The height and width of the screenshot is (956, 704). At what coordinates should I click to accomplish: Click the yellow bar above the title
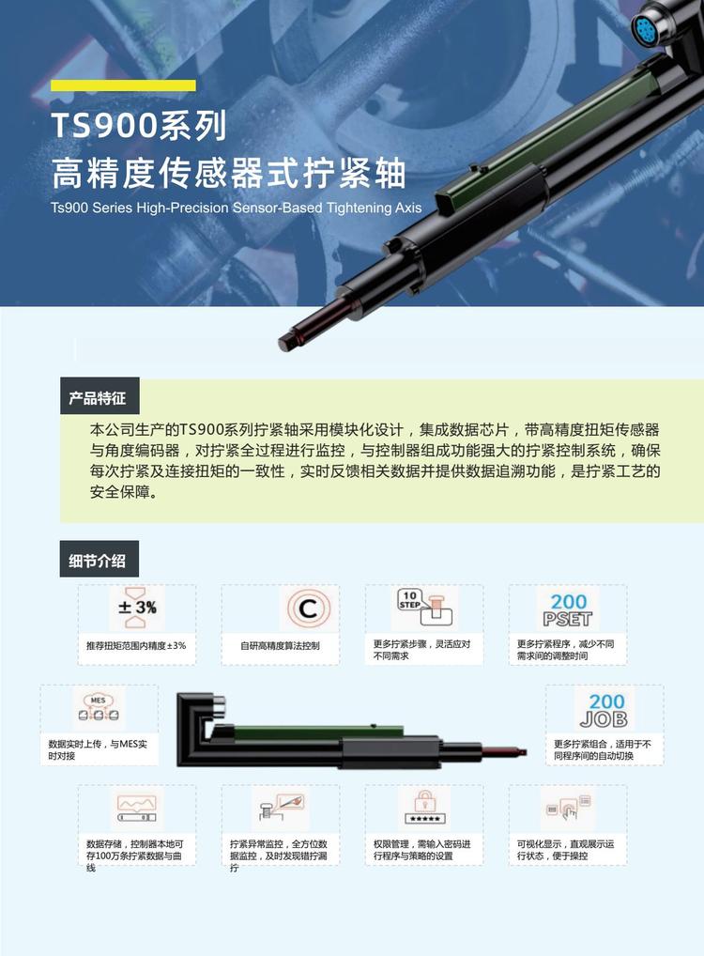tap(123, 85)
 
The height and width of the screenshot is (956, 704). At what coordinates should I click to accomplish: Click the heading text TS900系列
tap(139, 126)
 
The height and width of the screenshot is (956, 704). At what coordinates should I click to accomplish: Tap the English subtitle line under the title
tap(236, 208)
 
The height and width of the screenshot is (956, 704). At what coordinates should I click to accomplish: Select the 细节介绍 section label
tap(99, 559)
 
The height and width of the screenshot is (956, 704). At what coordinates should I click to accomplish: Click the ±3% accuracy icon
tap(136, 608)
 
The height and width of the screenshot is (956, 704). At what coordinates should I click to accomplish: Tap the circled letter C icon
tap(308, 608)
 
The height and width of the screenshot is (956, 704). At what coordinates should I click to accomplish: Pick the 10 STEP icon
tap(424, 608)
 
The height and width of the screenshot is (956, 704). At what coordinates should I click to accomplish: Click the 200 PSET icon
tap(568, 609)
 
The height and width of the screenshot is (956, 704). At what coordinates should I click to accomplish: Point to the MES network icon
tap(99, 707)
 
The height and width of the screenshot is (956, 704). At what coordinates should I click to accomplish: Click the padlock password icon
tap(425, 808)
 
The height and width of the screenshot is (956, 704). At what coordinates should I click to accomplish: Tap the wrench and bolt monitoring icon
tap(281, 807)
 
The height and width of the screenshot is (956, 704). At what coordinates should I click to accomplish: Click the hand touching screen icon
tap(568, 808)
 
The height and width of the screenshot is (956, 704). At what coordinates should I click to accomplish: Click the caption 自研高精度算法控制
tap(280, 646)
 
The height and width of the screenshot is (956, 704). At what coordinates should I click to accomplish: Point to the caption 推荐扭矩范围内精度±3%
tap(136, 646)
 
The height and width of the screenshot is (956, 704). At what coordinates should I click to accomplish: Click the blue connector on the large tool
tap(644, 26)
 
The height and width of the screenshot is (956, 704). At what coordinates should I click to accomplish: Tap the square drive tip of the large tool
tap(287, 341)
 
